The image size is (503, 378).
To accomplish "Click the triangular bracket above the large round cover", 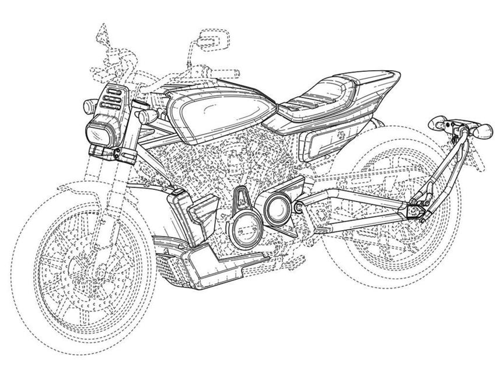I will [240, 198].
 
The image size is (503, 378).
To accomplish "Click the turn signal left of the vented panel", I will [88, 106].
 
